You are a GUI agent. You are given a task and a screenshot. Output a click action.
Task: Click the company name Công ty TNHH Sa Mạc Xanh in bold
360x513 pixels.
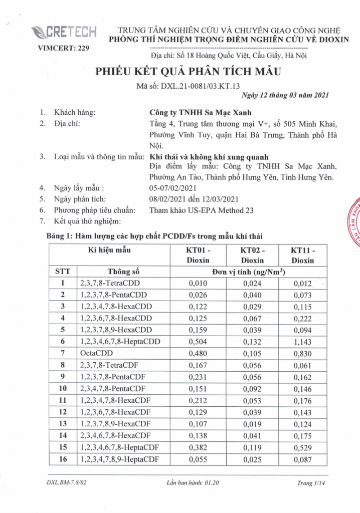pos(200,113)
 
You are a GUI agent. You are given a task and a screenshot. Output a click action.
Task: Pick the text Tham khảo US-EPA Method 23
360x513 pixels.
pos(201,210)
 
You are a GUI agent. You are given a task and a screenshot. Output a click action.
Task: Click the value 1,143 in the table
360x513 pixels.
pos(302,342)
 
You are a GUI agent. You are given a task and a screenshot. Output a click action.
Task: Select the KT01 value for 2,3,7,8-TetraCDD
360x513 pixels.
pos(198,284)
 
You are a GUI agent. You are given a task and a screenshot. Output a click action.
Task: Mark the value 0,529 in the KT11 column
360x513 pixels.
pos(302,448)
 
